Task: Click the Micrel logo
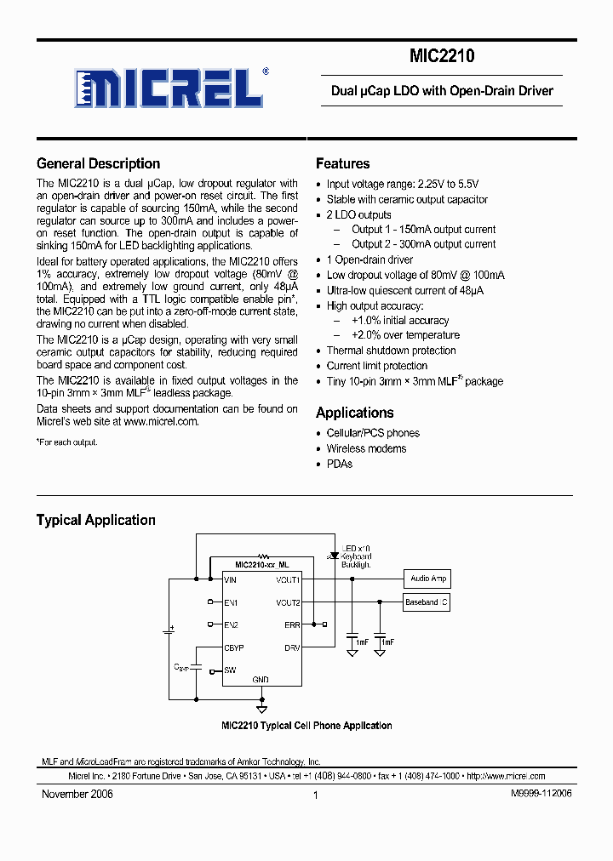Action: click(169, 87)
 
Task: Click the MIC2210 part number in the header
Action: click(442, 56)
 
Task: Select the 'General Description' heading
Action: click(98, 164)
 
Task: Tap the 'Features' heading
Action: click(342, 164)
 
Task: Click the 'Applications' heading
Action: click(354, 413)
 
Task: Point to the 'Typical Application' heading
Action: click(95, 520)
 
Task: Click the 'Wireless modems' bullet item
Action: click(366, 448)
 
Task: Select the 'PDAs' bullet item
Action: click(339, 464)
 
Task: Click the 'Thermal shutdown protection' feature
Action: click(391, 351)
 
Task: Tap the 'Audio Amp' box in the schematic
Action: click(427, 579)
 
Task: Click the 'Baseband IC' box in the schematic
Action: click(427, 602)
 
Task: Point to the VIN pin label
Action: click(230, 579)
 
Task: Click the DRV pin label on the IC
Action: click(292, 647)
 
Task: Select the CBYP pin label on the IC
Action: click(233, 647)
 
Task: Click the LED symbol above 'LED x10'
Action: click(333, 554)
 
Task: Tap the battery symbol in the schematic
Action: click(169, 631)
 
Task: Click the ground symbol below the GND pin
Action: click(261, 707)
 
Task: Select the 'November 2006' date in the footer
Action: click(77, 794)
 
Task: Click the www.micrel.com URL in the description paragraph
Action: click(161, 421)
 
